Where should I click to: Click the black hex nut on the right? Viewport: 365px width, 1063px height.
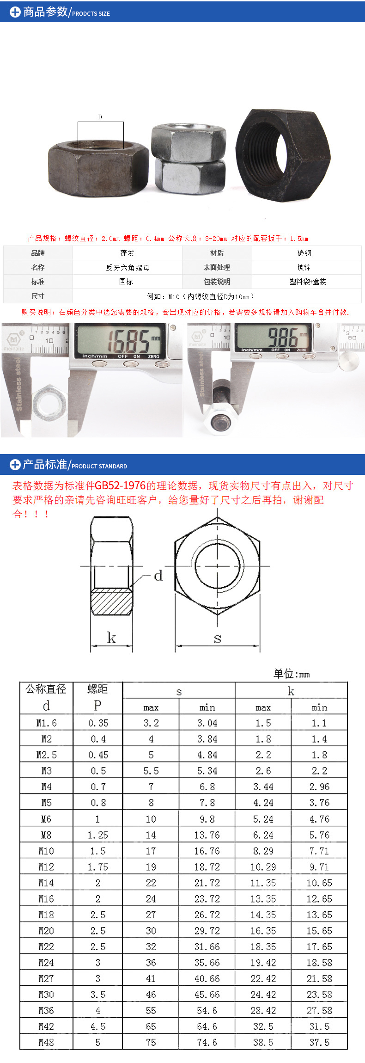(x=283, y=155)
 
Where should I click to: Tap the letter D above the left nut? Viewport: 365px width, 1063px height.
(x=100, y=117)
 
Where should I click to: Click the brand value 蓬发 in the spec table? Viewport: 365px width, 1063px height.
(x=127, y=253)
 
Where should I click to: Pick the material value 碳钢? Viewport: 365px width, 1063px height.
(x=304, y=253)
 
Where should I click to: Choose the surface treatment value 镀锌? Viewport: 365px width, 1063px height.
(x=304, y=267)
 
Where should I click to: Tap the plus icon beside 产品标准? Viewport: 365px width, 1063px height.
(x=15, y=464)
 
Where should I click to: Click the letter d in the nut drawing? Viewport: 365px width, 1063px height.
(x=158, y=576)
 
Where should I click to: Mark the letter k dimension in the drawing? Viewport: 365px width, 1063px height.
(x=111, y=638)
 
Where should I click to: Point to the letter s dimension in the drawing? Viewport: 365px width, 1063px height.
(x=217, y=639)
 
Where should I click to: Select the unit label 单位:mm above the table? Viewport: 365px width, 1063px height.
(x=291, y=674)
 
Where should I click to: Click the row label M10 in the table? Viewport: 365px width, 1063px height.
(x=46, y=851)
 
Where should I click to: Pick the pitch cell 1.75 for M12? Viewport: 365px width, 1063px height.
(x=98, y=867)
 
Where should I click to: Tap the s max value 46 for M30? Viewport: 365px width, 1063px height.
(x=151, y=995)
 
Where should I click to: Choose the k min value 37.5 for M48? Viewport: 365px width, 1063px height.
(x=319, y=1042)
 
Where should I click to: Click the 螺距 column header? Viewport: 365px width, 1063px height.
(x=97, y=689)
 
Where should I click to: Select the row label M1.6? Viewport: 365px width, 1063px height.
(x=46, y=723)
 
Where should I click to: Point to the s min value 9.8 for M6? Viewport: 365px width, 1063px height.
(x=207, y=819)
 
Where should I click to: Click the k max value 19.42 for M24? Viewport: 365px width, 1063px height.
(x=263, y=963)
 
